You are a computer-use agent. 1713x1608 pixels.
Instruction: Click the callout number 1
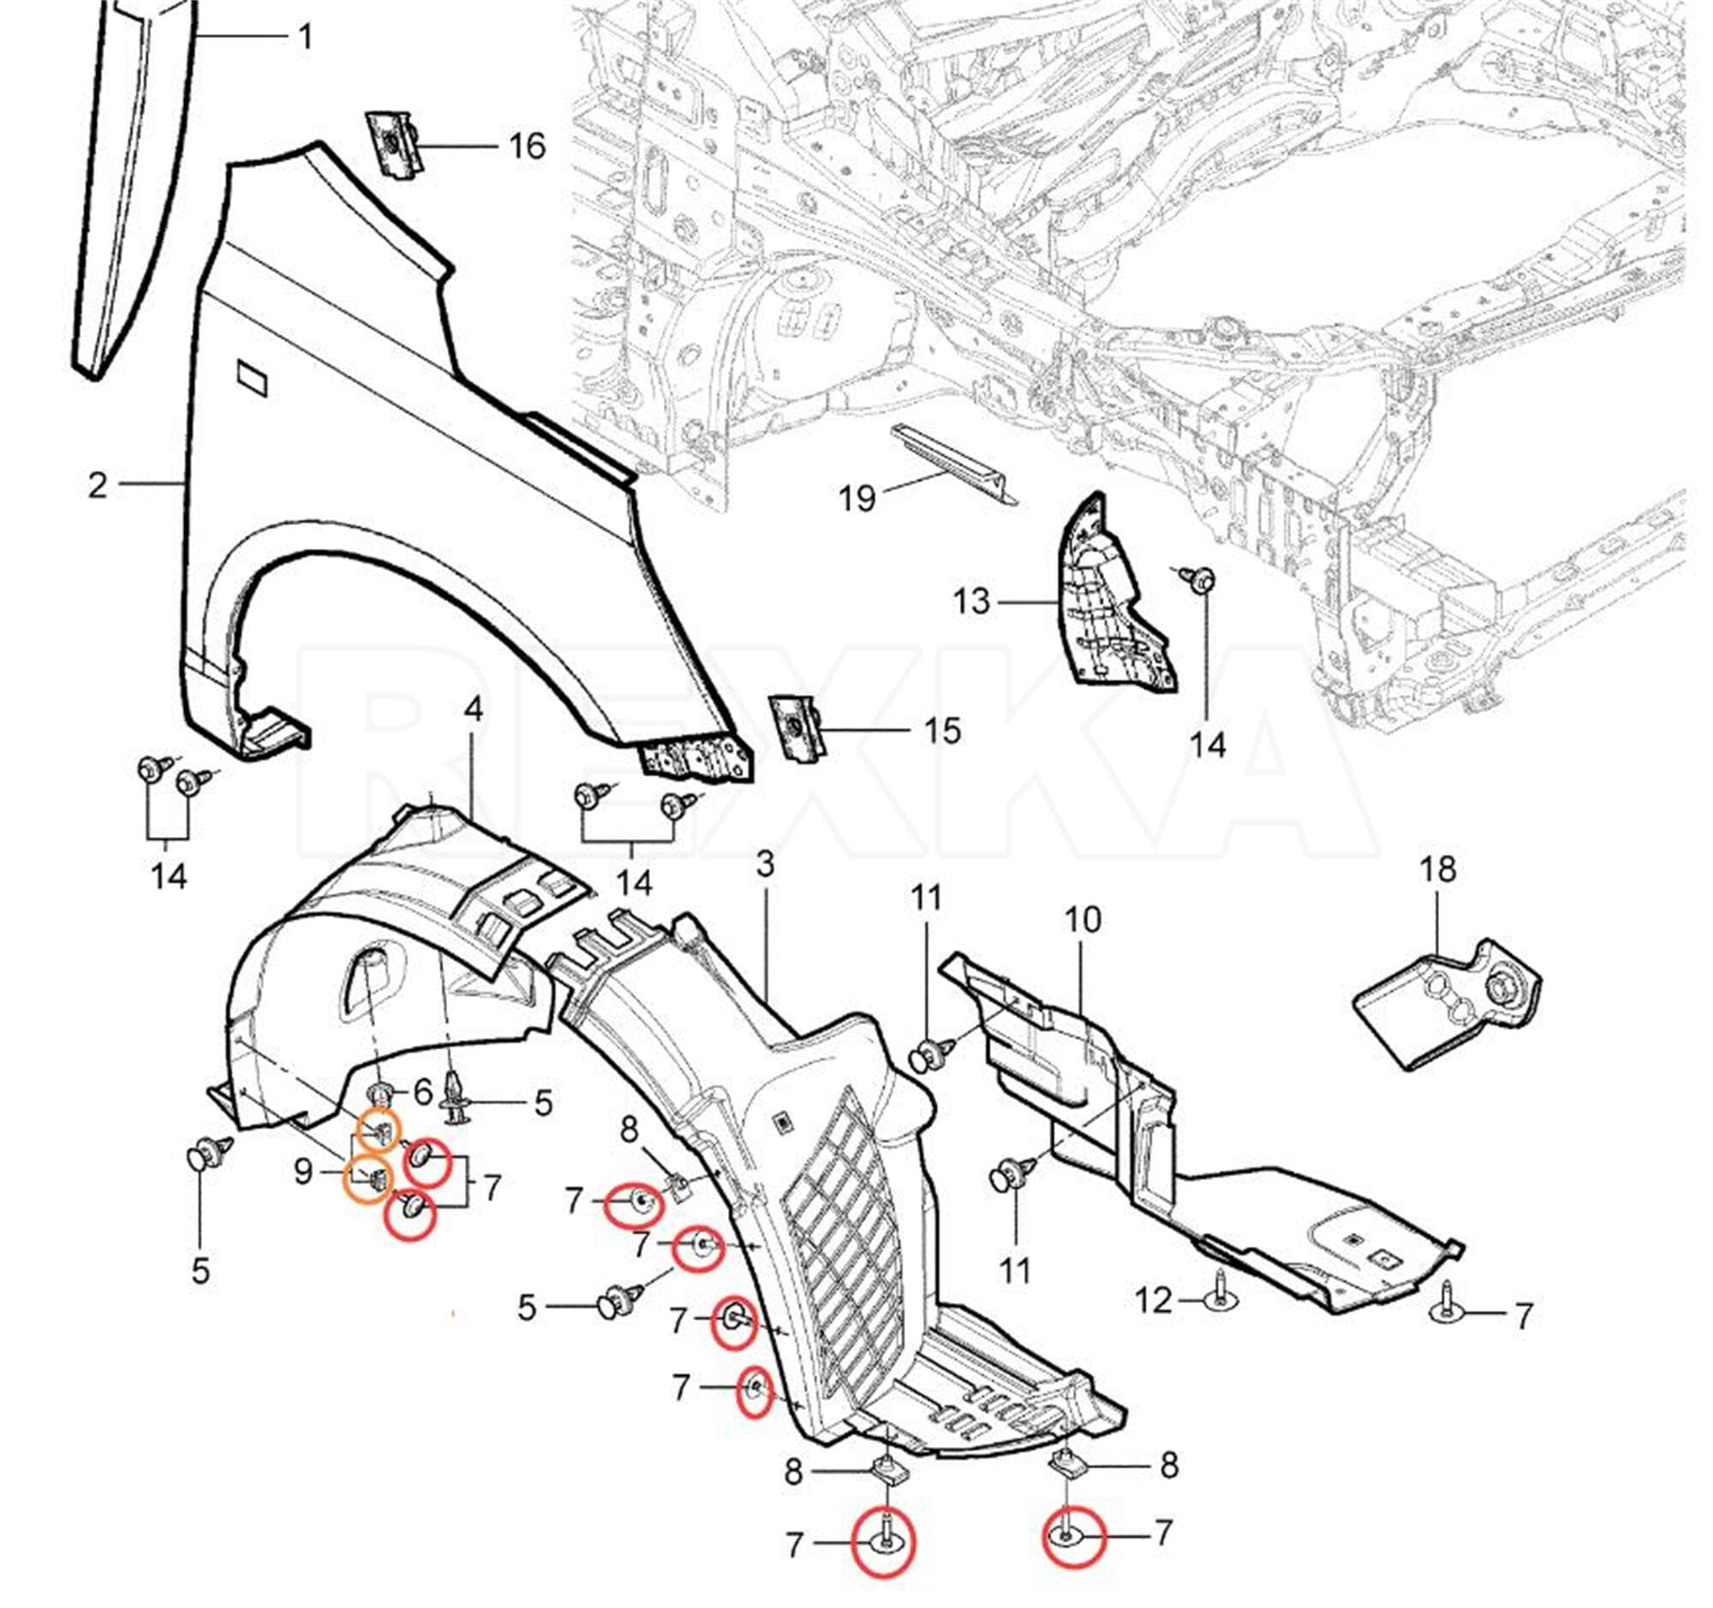tap(304, 37)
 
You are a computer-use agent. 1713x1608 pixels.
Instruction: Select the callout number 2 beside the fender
tap(98, 486)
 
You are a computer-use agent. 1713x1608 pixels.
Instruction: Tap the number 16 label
tap(527, 146)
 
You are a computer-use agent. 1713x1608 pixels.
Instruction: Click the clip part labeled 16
tap(392, 145)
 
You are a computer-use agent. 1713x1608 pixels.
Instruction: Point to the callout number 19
tap(856, 497)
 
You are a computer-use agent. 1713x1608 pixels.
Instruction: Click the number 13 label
tap(971, 601)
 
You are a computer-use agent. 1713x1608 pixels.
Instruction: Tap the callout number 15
tap(942, 731)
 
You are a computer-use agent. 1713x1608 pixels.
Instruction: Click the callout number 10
tap(1083, 919)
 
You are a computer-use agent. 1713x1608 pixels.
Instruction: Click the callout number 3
tap(765, 864)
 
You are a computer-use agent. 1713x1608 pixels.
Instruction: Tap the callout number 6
tap(422, 1093)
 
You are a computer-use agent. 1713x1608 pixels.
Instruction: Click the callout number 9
tap(302, 1172)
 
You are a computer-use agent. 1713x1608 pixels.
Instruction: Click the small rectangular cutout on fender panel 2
tap(254, 378)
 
